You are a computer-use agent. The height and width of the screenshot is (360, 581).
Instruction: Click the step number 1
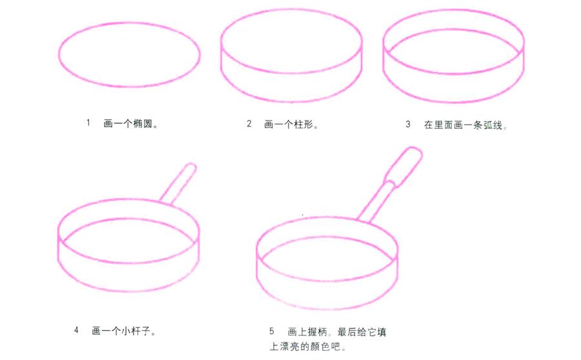tap(88, 123)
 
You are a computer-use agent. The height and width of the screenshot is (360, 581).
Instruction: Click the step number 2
tap(249, 124)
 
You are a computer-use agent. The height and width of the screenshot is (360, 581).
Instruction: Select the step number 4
tap(76, 330)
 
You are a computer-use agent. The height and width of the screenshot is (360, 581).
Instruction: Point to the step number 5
tap(272, 331)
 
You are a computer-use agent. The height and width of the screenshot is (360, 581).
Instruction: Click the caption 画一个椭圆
tap(131, 123)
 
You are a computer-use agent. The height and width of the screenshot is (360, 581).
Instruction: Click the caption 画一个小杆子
tap(124, 331)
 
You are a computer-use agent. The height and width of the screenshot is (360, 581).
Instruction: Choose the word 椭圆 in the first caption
tap(145, 123)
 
